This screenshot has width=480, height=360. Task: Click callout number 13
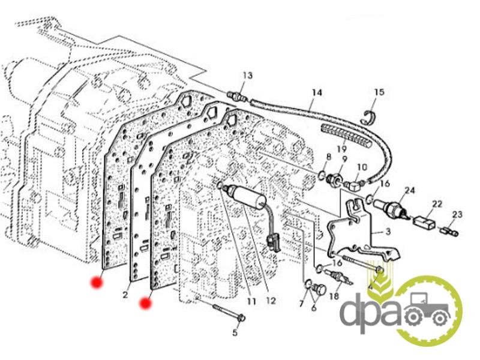click(x=248, y=76)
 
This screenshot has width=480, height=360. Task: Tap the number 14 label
click(x=317, y=92)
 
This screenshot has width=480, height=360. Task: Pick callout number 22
click(x=437, y=204)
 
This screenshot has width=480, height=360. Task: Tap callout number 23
click(x=458, y=214)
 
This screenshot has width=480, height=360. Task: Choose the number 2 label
click(x=125, y=295)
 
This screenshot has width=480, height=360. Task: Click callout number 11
click(x=251, y=301)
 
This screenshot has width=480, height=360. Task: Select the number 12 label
click(x=271, y=301)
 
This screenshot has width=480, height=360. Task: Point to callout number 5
click(x=235, y=332)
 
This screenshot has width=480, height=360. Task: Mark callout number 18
click(x=334, y=295)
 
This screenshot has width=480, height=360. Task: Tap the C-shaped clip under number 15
click(x=371, y=116)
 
